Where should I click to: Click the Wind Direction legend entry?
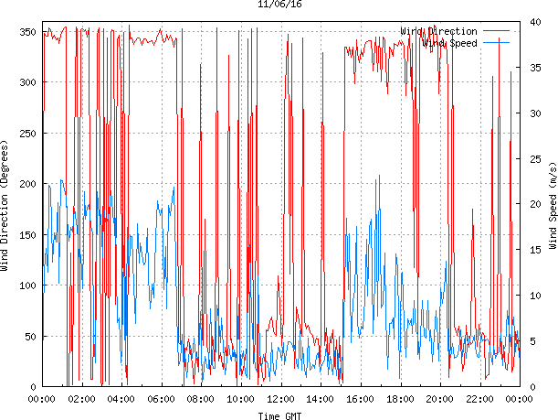[438, 31]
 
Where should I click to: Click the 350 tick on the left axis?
[26, 32]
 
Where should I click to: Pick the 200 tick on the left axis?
[26, 184]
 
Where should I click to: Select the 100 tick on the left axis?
[26, 285]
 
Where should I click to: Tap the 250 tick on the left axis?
[26, 134]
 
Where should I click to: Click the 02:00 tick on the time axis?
[81, 399]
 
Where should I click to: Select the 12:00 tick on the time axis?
[280, 399]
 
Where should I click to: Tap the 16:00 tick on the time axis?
[360, 399]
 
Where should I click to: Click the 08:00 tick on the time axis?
[201, 399]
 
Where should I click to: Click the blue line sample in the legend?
[495, 43]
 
